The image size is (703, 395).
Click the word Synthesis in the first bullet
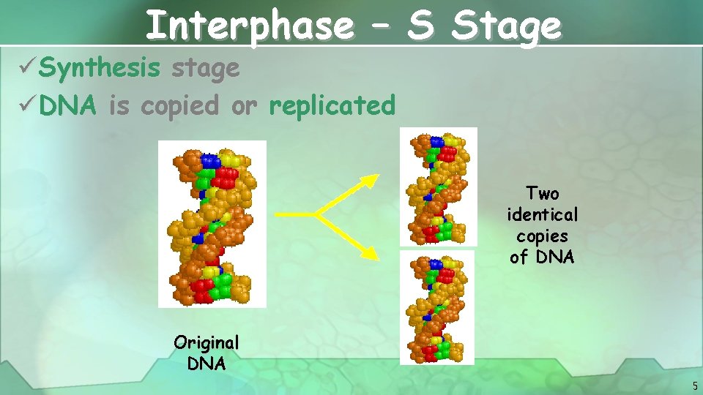[x=100, y=68]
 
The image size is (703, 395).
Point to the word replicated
[x=332, y=105]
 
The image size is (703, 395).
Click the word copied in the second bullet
[x=179, y=105]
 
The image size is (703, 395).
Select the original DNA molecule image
[x=212, y=223]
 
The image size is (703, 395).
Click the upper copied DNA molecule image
[x=439, y=187]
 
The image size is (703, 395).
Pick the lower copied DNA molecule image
[x=437, y=307]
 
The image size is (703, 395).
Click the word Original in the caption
[x=207, y=342]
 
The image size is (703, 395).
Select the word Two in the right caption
[x=543, y=193]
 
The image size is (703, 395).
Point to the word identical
[x=543, y=214]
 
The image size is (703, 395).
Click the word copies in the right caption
[x=543, y=236]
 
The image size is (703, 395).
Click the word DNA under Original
[x=207, y=363]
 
